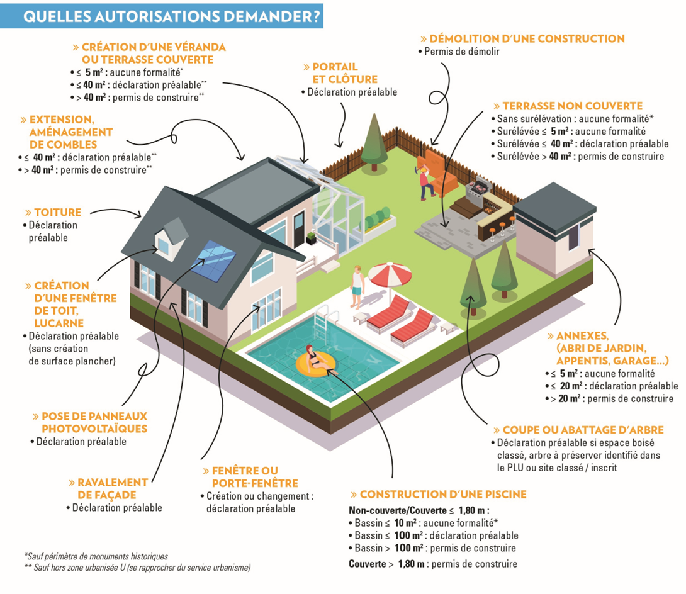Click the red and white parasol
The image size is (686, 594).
(390, 275)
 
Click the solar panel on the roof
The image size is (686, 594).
(213, 261)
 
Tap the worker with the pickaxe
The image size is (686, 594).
(425, 183)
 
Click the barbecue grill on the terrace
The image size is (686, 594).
(478, 190)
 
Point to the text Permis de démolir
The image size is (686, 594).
(461, 52)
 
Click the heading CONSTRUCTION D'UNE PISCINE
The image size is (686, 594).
(439, 495)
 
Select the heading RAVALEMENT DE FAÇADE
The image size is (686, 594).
(108, 488)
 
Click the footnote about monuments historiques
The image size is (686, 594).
(96, 556)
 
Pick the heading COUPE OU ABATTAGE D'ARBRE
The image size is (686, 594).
(579, 430)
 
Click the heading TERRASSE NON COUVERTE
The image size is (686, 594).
(568, 106)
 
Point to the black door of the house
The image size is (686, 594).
(299, 228)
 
